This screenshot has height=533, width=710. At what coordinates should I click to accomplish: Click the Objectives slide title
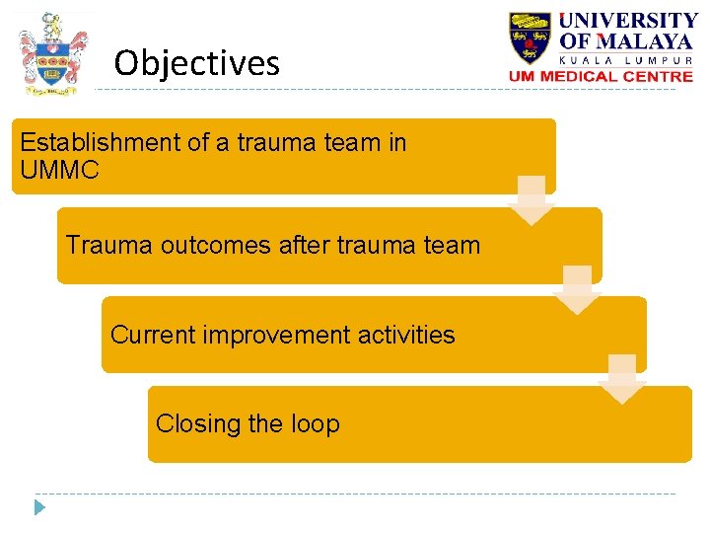pyautogui.click(x=196, y=64)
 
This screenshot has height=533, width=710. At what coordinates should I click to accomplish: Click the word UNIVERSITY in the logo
pyautogui.click(x=629, y=21)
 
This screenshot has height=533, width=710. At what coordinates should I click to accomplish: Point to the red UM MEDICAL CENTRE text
pyautogui.click(x=601, y=76)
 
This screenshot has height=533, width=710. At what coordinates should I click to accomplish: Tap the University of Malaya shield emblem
pyautogui.click(x=531, y=39)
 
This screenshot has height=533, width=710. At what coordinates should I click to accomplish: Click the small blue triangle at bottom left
pyautogui.click(x=39, y=508)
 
